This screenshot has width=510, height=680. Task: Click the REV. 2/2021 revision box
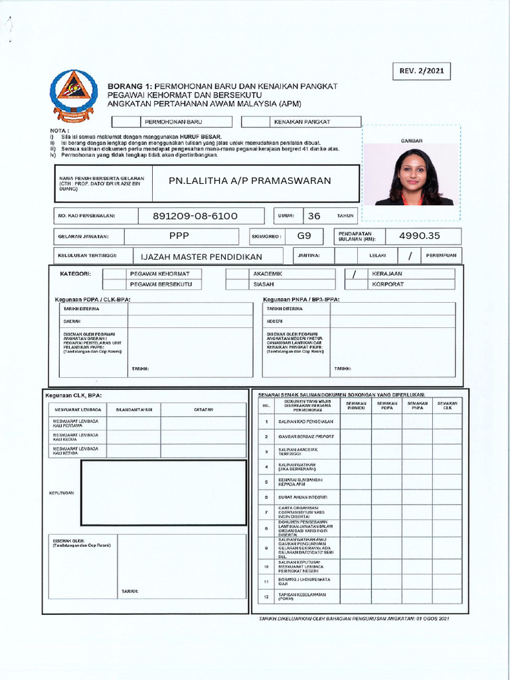pos(422,70)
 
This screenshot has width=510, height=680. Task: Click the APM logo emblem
pos(73,94)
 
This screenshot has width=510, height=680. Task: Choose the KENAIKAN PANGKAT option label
pos(301,122)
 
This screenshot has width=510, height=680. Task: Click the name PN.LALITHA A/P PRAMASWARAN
pos(249,181)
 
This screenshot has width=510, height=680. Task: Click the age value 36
pos(314,216)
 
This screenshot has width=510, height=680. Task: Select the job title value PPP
pos(179,236)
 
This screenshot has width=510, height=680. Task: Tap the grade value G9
pos(304,236)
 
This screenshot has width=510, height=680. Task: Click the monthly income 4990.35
pos(419,236)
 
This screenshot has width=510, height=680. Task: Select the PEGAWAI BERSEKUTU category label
pos(161,284)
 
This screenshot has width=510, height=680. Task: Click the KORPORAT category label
pos(388,284)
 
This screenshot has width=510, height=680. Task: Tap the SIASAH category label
pos(264,284)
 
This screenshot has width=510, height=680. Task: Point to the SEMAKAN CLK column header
pos(447,405)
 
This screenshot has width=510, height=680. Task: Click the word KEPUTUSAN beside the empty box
pos(61,493)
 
